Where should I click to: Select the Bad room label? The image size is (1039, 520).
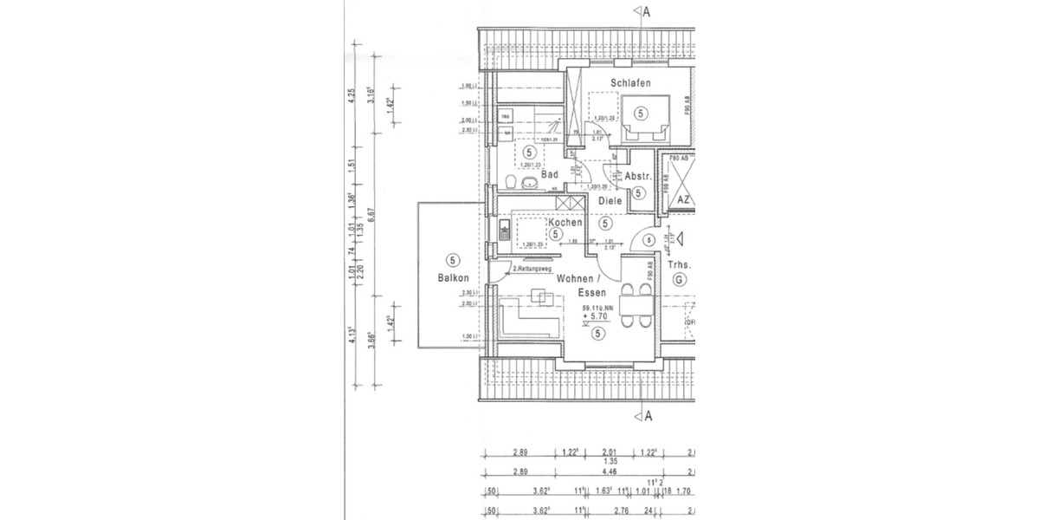pos(549,174)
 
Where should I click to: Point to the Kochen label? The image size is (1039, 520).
pos(565,223)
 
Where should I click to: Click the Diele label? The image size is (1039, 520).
pos(611,201)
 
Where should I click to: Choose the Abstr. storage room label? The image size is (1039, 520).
pos(638,176)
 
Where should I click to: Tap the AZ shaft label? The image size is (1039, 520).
pos(683,199)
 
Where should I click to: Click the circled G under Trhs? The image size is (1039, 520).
pos(678,279)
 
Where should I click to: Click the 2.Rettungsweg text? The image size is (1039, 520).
pos(532,270)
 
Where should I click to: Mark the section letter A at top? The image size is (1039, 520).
pos(648,11)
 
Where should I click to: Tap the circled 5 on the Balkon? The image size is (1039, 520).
pos(452,259)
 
